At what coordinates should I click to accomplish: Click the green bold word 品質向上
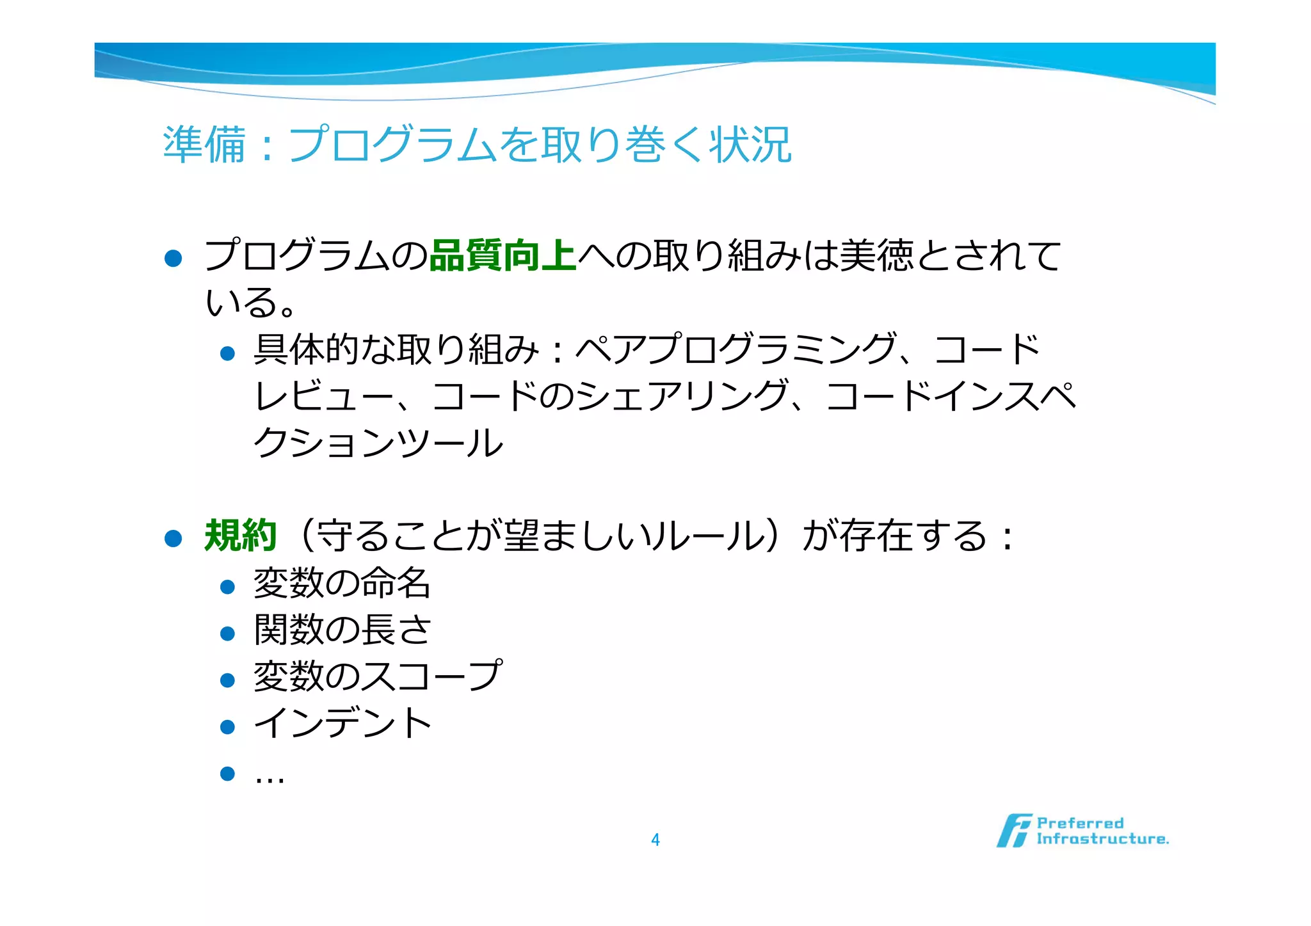coord(503,255)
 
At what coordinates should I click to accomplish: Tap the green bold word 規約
coord(240,536)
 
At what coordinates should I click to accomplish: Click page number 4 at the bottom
coord(655,840)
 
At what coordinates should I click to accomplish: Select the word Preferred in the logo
coord(1080,823)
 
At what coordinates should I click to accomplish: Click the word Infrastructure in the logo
coord(1102,839)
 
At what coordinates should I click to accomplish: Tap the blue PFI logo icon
coord(1014,831)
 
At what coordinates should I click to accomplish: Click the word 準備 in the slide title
coord(204,145)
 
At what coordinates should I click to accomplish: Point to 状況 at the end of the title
coord(750,145)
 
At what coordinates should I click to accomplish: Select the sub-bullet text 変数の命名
coord(342,584)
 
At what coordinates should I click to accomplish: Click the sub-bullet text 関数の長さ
coord(342,630)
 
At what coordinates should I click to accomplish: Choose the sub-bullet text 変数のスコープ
coord(378,677)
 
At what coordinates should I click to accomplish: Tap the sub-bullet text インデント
coord(342,724)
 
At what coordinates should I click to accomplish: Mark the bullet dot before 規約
coord(173,538)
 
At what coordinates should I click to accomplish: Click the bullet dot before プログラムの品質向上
coord(173,259)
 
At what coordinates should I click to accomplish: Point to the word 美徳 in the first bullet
coord(876,255)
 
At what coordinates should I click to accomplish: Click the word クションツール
coord(378,443)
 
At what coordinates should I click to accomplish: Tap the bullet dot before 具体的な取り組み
coord(227,353)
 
